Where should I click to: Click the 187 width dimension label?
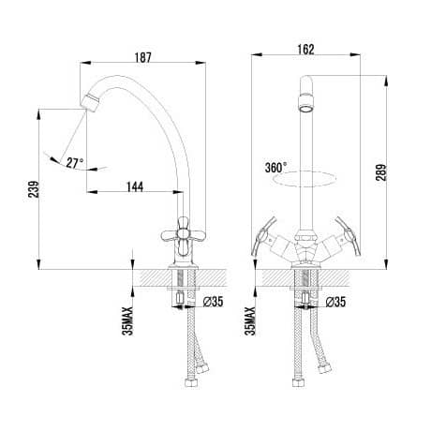[x=143, y=57]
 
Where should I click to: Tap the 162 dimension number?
[x=305, y=50]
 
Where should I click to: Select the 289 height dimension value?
[x=381, y=172]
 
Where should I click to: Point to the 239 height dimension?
[x=34, y=189]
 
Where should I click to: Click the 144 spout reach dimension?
[x=135, y=186]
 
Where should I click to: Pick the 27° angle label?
[x=75, y=163]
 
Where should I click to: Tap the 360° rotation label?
[x=276, y=168]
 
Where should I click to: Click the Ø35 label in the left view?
[x=213, y=302]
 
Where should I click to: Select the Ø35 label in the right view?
[x=335, y=302]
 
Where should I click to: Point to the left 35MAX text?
[x=127, y=321]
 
